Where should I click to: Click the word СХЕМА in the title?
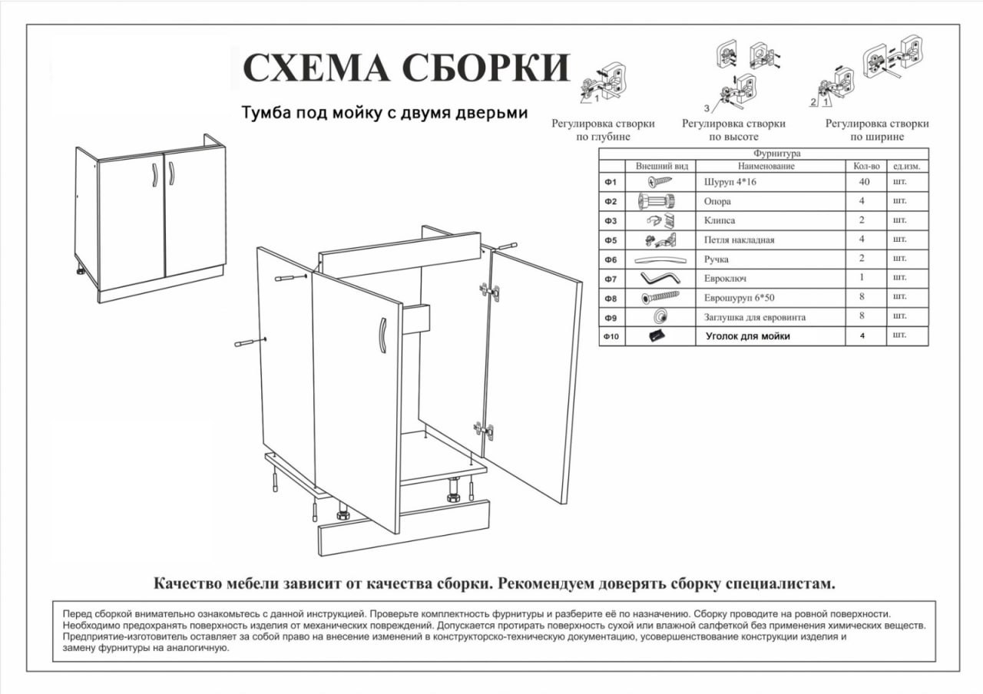coord(317,68)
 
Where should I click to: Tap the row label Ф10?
coord(611,336)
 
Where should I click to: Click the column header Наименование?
coord(766,166)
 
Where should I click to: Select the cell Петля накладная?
coord(739,240)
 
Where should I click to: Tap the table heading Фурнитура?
coord(776,154)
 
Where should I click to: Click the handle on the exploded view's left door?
coord(381,335)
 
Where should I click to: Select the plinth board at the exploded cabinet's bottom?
coord(404,528)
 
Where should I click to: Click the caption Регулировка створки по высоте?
coord(733,130)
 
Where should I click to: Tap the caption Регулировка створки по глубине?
coord(603,130)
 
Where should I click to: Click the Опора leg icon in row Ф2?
coord(656,202)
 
